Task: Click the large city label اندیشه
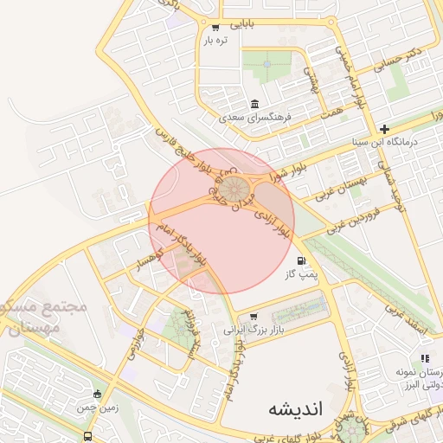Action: click(295, 407)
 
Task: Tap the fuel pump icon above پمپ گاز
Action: click(300, 260)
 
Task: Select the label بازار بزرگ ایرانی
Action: click(254, 330)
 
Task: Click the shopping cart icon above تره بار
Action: click(215, 27)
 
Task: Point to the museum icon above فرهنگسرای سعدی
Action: click(255, 102)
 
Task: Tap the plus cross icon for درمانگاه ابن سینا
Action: click(385, 128)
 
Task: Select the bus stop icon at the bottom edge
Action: click(87, 437)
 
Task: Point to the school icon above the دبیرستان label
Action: click(424, 358)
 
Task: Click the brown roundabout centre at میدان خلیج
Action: click(230, 188)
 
